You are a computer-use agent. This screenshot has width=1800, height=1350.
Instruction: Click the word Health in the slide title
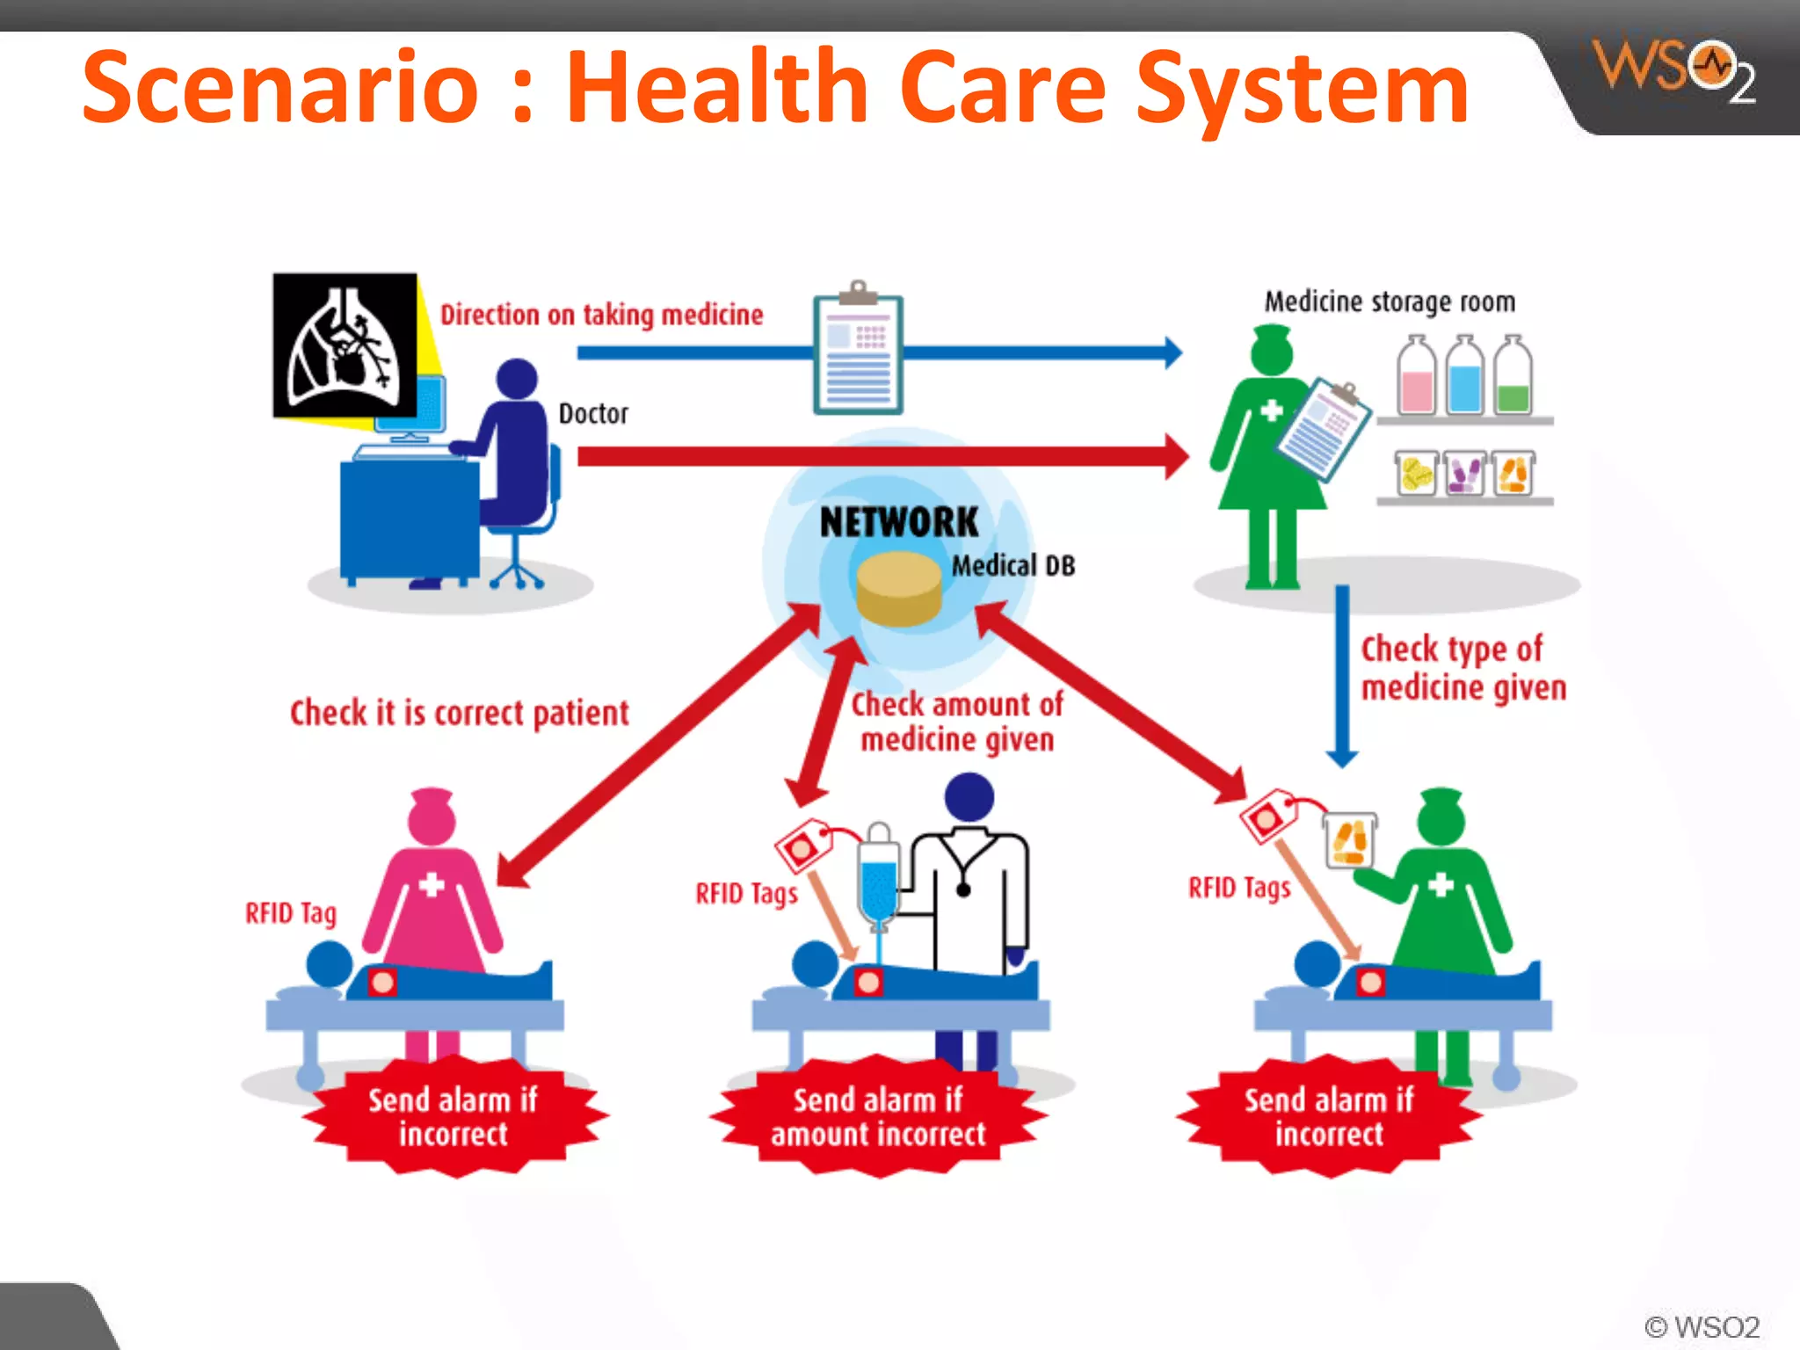[717, 88]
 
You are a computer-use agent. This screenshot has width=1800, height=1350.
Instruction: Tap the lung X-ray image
[345, 345]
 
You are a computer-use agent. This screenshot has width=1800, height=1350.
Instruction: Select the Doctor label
[593, 413]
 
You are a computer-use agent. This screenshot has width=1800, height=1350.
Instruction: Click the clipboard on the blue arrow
[858, 352]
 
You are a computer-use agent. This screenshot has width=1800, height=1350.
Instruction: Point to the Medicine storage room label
[1390, 301]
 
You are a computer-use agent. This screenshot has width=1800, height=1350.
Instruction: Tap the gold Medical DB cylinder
[898, 589]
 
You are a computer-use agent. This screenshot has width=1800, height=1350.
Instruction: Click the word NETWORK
[898, 522]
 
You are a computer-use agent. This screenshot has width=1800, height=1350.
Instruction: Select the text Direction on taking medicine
[601, 315]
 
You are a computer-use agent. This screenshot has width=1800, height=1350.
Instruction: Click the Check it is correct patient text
[459, 713]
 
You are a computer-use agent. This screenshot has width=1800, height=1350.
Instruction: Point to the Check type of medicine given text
[1462, 668]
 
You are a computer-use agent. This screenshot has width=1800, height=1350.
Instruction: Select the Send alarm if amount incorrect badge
[878, 1117]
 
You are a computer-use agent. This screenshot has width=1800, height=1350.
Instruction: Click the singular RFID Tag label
[291, 914]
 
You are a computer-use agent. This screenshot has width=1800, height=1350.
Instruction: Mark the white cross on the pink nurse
[432, 884]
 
